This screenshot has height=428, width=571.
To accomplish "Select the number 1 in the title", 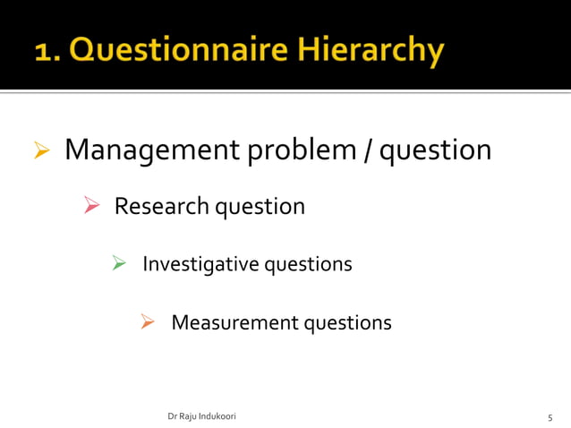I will click(43, 52).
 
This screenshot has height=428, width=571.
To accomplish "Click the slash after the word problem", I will click(369, 150).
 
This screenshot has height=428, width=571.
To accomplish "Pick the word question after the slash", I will click(436, 150).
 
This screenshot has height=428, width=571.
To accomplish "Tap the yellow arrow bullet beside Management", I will click(39, 150).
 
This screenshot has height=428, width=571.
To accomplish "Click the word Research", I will click(159, 207).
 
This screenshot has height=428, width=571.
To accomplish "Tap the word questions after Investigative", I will click(308, 265).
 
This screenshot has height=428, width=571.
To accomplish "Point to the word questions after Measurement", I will click(348, 322).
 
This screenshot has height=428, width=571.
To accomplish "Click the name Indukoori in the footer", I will click(214, 417).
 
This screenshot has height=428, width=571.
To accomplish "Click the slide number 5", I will click(550, 418).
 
